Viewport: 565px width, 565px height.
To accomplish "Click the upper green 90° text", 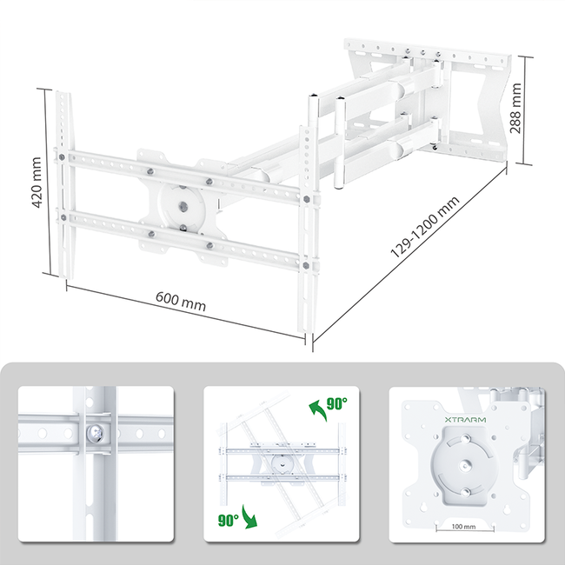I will coord(336,404).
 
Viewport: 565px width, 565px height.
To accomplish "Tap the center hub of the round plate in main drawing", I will coord(184,207).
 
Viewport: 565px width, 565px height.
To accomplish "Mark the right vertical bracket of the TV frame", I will coord(308,226).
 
